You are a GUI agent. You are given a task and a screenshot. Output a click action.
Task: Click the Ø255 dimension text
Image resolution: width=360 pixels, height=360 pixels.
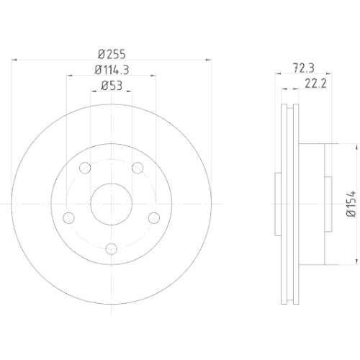111,53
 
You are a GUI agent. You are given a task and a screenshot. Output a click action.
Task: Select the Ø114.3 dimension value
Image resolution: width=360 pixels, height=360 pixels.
111,70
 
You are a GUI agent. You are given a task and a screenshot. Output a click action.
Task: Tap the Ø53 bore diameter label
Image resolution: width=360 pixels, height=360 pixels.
110,86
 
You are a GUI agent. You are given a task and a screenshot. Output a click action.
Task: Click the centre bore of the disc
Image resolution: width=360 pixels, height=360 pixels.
111,204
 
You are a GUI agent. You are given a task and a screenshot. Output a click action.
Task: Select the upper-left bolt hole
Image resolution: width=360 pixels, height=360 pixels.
85,168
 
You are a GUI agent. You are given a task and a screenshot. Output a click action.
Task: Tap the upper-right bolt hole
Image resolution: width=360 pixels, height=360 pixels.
137,168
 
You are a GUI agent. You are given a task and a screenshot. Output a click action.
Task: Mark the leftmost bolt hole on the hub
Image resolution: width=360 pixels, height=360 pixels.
69,217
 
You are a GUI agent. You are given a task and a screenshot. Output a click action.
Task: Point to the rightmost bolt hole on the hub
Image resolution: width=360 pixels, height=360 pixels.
153,217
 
